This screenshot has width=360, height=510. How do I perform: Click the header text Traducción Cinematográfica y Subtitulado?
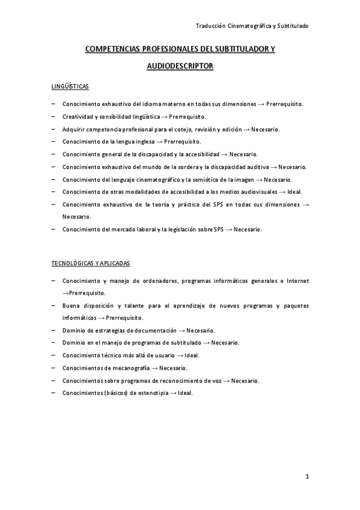pyautogui.click(x=252, y=26)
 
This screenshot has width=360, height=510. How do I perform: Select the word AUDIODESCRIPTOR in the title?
pyautogui.click(x=180, y=66)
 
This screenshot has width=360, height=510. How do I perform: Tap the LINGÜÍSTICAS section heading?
pyautogui.click(x=70, y=87)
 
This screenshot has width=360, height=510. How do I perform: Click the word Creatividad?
pyautogui.click(x=78, y=116)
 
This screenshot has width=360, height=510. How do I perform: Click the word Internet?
pyautogui.click(x=297, y=280)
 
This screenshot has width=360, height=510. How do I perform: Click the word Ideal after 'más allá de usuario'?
pyautogui.click(x=191, y=355)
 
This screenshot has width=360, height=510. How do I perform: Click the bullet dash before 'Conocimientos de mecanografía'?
pyautogui.click(x=54, y=367)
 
